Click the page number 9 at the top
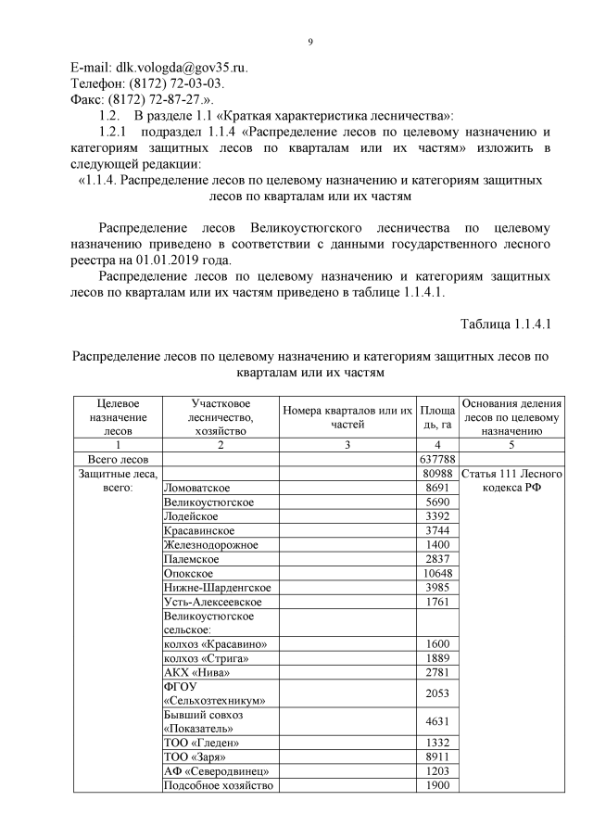pyautogui.click(x=310, y=42)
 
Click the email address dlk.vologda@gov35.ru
pyautogui.click(x=182, y=68)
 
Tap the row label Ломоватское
pyautogui.click(x=196, y=489)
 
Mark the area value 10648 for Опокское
pyautogui.click(x=435, y=574)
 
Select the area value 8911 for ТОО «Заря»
pyautogui.click(x=436, y=757)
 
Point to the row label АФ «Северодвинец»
pyautogui.click(x=216, y=771)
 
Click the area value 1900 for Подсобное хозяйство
pyautogui.click(x=436, y=786)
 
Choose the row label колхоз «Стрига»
pyautogui.click(x=207, y=658)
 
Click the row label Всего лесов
pyautogui.click(x=119, y=459)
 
